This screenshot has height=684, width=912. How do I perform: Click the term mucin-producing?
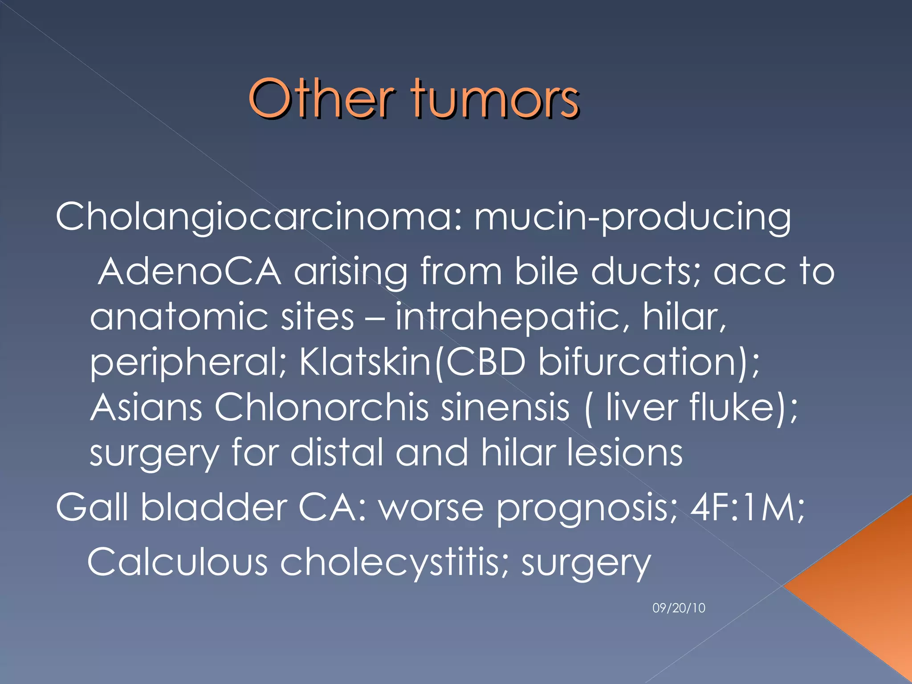[x=632, y=217]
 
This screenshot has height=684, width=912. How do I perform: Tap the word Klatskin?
[x=365, y=362]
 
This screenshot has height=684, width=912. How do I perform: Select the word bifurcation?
[x=637, y=362]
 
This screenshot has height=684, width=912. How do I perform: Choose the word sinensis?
[x=505, y=408]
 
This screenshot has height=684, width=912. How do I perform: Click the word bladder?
[x=214, y=508]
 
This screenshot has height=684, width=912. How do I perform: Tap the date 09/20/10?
[x=679, y=608]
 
